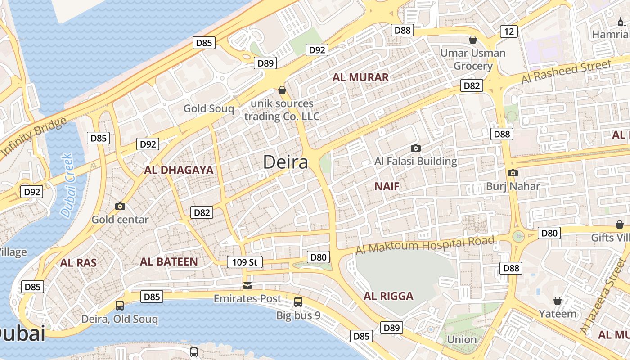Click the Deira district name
[286, 162]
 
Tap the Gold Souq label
[209, 108]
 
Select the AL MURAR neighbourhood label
[360, 77]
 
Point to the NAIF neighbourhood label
[387, 186]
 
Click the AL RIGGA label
[388, 296]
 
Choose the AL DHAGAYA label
[179, 170]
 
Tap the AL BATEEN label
[169, 261]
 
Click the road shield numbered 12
[509, 31]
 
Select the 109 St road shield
[244, 262]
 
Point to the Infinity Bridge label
[34, 137]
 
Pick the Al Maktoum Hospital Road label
[425, 245]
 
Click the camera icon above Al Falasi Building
[416, 148]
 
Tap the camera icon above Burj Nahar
[513, 173]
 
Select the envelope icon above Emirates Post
[247, 286]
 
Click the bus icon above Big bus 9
[298, 302]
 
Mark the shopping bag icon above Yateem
[558, 300]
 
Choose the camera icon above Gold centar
[120, 206]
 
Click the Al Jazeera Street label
[603, 297]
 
